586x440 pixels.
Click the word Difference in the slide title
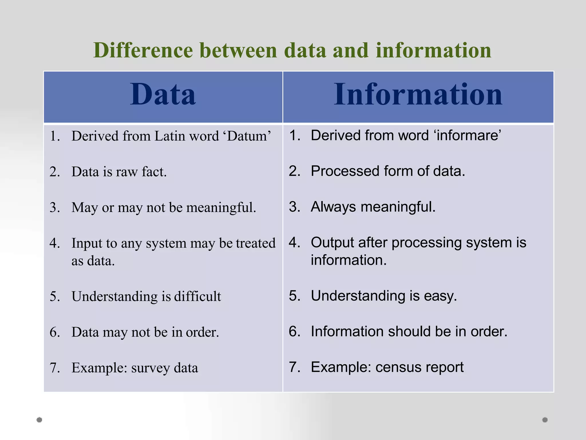(x=143, y=50)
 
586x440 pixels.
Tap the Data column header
(x=163, y=95)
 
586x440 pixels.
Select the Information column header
(x=418, y=95)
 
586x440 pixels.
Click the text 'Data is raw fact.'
(x=119, y=172)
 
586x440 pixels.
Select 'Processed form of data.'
(x=388, y=171)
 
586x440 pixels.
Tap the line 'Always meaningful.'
(x=373, y=207)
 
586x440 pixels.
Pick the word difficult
(x=197, y=296)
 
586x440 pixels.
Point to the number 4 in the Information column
(x=294, y=243)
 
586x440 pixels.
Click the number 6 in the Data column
(x=54, y=332)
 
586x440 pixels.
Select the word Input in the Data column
(x=86, y=243)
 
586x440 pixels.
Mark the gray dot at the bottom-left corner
(x=39, y=420)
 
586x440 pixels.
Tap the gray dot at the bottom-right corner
(x=545, y=420)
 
